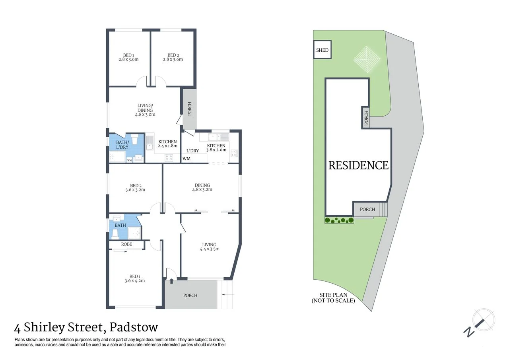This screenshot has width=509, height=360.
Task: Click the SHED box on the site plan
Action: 322,50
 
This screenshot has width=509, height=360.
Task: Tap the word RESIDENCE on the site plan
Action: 358,165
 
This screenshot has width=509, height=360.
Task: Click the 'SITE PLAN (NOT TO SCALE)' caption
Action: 333,298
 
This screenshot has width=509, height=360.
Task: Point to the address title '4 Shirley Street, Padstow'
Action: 86,328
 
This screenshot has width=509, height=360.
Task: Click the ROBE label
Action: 127,244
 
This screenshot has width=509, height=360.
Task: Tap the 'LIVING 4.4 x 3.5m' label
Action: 210,247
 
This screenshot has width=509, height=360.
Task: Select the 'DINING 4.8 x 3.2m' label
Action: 202,187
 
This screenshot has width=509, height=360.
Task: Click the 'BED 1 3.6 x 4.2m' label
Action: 134,278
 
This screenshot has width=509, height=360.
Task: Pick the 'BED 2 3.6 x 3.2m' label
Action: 135,188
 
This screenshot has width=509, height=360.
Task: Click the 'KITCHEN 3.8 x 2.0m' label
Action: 216,148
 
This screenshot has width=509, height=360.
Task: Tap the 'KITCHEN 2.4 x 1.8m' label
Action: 167,144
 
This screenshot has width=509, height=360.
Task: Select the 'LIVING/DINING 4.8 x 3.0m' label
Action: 145,110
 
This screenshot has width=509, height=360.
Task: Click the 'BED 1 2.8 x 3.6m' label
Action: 128,57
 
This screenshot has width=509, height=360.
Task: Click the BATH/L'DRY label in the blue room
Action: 122,145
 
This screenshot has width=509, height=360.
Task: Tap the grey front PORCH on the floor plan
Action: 190,295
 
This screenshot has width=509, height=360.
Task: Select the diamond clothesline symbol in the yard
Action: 367,59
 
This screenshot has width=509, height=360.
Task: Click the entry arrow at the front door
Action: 171,281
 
